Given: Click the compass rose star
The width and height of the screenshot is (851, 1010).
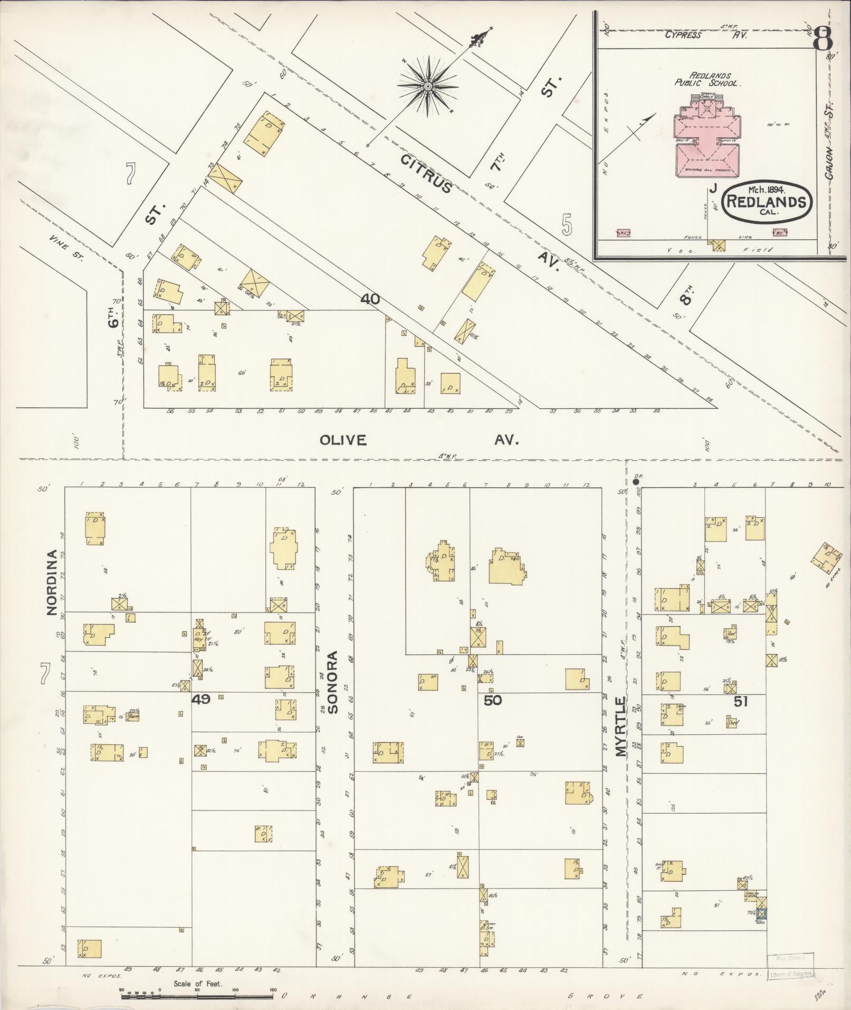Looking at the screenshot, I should pyautogui.click(x=427, y=85).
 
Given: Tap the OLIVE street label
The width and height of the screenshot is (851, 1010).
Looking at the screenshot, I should pyautogui.click(x=343, y=440).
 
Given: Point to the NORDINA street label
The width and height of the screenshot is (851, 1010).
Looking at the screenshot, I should pyautogui.click(x=52, y=582).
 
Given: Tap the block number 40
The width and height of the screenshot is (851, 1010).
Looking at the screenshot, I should pyautogui.click(x=370, y=299).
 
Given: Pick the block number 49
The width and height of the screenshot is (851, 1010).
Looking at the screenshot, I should pyautogui.click(x=201, y=700).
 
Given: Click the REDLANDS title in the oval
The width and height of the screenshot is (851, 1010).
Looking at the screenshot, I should pyautogui.click(x=767, y=201).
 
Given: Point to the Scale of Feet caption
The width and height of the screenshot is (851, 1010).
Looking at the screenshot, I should pyautogui.click(x=198, y=984).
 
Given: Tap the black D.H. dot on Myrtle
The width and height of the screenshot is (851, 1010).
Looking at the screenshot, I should pyautogui.click(x=636, y=481).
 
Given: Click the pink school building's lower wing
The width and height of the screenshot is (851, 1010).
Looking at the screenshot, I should pyautogui.click(x=707, y=161).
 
